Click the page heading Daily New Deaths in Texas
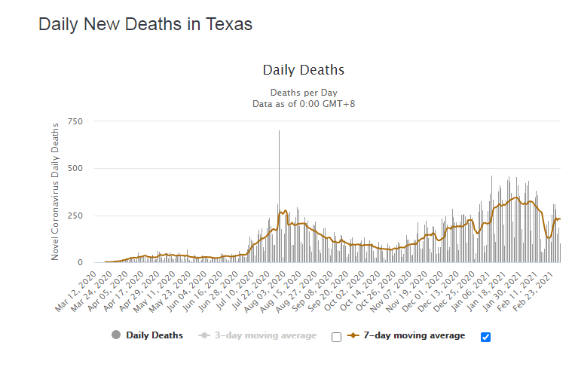(145, 24)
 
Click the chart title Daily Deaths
(303, 70)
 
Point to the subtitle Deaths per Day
(303, 93)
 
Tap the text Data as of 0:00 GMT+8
(303, 103)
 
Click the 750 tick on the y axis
(75, 121)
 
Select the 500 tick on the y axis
(75, 169)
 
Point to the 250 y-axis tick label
(75, 216)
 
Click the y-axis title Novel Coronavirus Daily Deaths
(56, 194)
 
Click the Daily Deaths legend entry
(154, 335)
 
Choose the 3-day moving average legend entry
(263, 335)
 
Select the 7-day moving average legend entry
(414, 335)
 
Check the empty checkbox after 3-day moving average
(337, 337)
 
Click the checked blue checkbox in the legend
(485, 337)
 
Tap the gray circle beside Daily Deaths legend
(115, 335)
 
